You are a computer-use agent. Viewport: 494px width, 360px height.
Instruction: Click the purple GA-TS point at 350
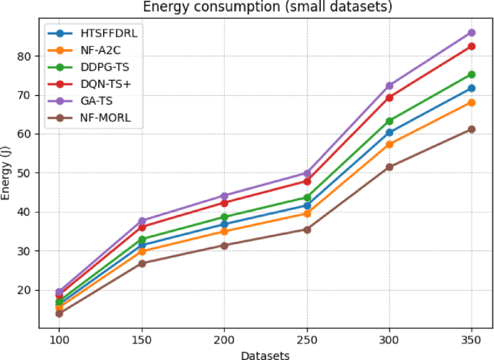point(472,32)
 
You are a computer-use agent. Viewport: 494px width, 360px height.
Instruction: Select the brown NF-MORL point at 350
point(472,129)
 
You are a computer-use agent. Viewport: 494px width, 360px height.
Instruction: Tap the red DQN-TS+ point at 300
point(389,97)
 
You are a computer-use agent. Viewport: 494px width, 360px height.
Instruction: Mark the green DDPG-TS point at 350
point(472,74)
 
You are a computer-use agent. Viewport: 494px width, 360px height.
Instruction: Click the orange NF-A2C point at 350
point(472,102)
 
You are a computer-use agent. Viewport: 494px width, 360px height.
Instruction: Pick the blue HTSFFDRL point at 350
point(472,88)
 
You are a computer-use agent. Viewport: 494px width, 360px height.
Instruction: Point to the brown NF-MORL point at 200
point(224,245)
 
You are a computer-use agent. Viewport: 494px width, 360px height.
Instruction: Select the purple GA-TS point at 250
point(307,173)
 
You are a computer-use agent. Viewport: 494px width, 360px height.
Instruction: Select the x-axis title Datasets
point(265,354)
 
